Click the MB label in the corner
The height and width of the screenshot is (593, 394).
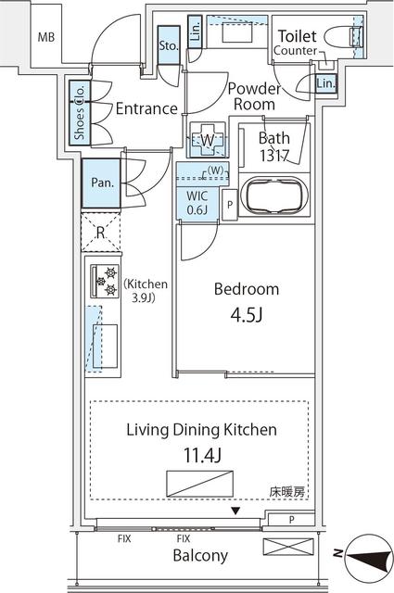tap(44, 38)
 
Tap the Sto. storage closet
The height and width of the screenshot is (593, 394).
tap(169, 45)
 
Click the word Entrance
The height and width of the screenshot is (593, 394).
tap(146, 108)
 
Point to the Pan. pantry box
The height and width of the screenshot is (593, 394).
tap(102, 182)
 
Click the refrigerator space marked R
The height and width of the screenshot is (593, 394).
tap(100, 233)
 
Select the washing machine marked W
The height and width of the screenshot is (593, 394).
tap(208, 140)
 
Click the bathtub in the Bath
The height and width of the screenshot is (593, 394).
tap(273, 197)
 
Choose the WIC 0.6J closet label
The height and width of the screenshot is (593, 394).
tap(197, 203)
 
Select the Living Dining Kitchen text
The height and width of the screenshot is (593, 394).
tap(201, 430)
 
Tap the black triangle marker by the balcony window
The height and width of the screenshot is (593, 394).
tap(235, 511)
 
